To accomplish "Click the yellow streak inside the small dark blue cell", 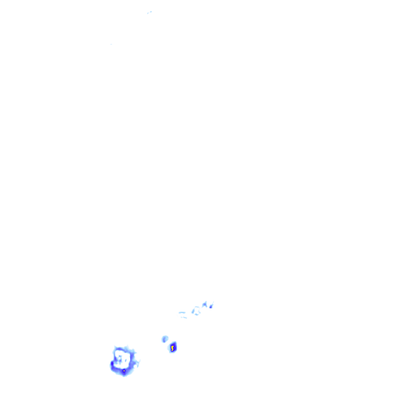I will pos(172,348).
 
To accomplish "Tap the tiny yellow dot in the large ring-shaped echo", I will pos(124,371).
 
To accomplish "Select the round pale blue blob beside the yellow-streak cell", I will pos(165,339).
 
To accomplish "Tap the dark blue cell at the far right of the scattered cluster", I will pos(211,306).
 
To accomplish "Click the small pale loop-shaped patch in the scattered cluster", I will pos(196,311).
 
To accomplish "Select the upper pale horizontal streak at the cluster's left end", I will pos(182,312).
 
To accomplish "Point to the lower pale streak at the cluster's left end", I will pos(184,318).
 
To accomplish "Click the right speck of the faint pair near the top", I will pos(151,12).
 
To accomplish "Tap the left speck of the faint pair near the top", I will pos(148,14).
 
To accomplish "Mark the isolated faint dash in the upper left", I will pos(111,44).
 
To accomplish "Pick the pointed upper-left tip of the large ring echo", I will pos(115,348).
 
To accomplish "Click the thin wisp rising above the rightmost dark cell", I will pos(213,302).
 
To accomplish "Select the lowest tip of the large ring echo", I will pos(124,375).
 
